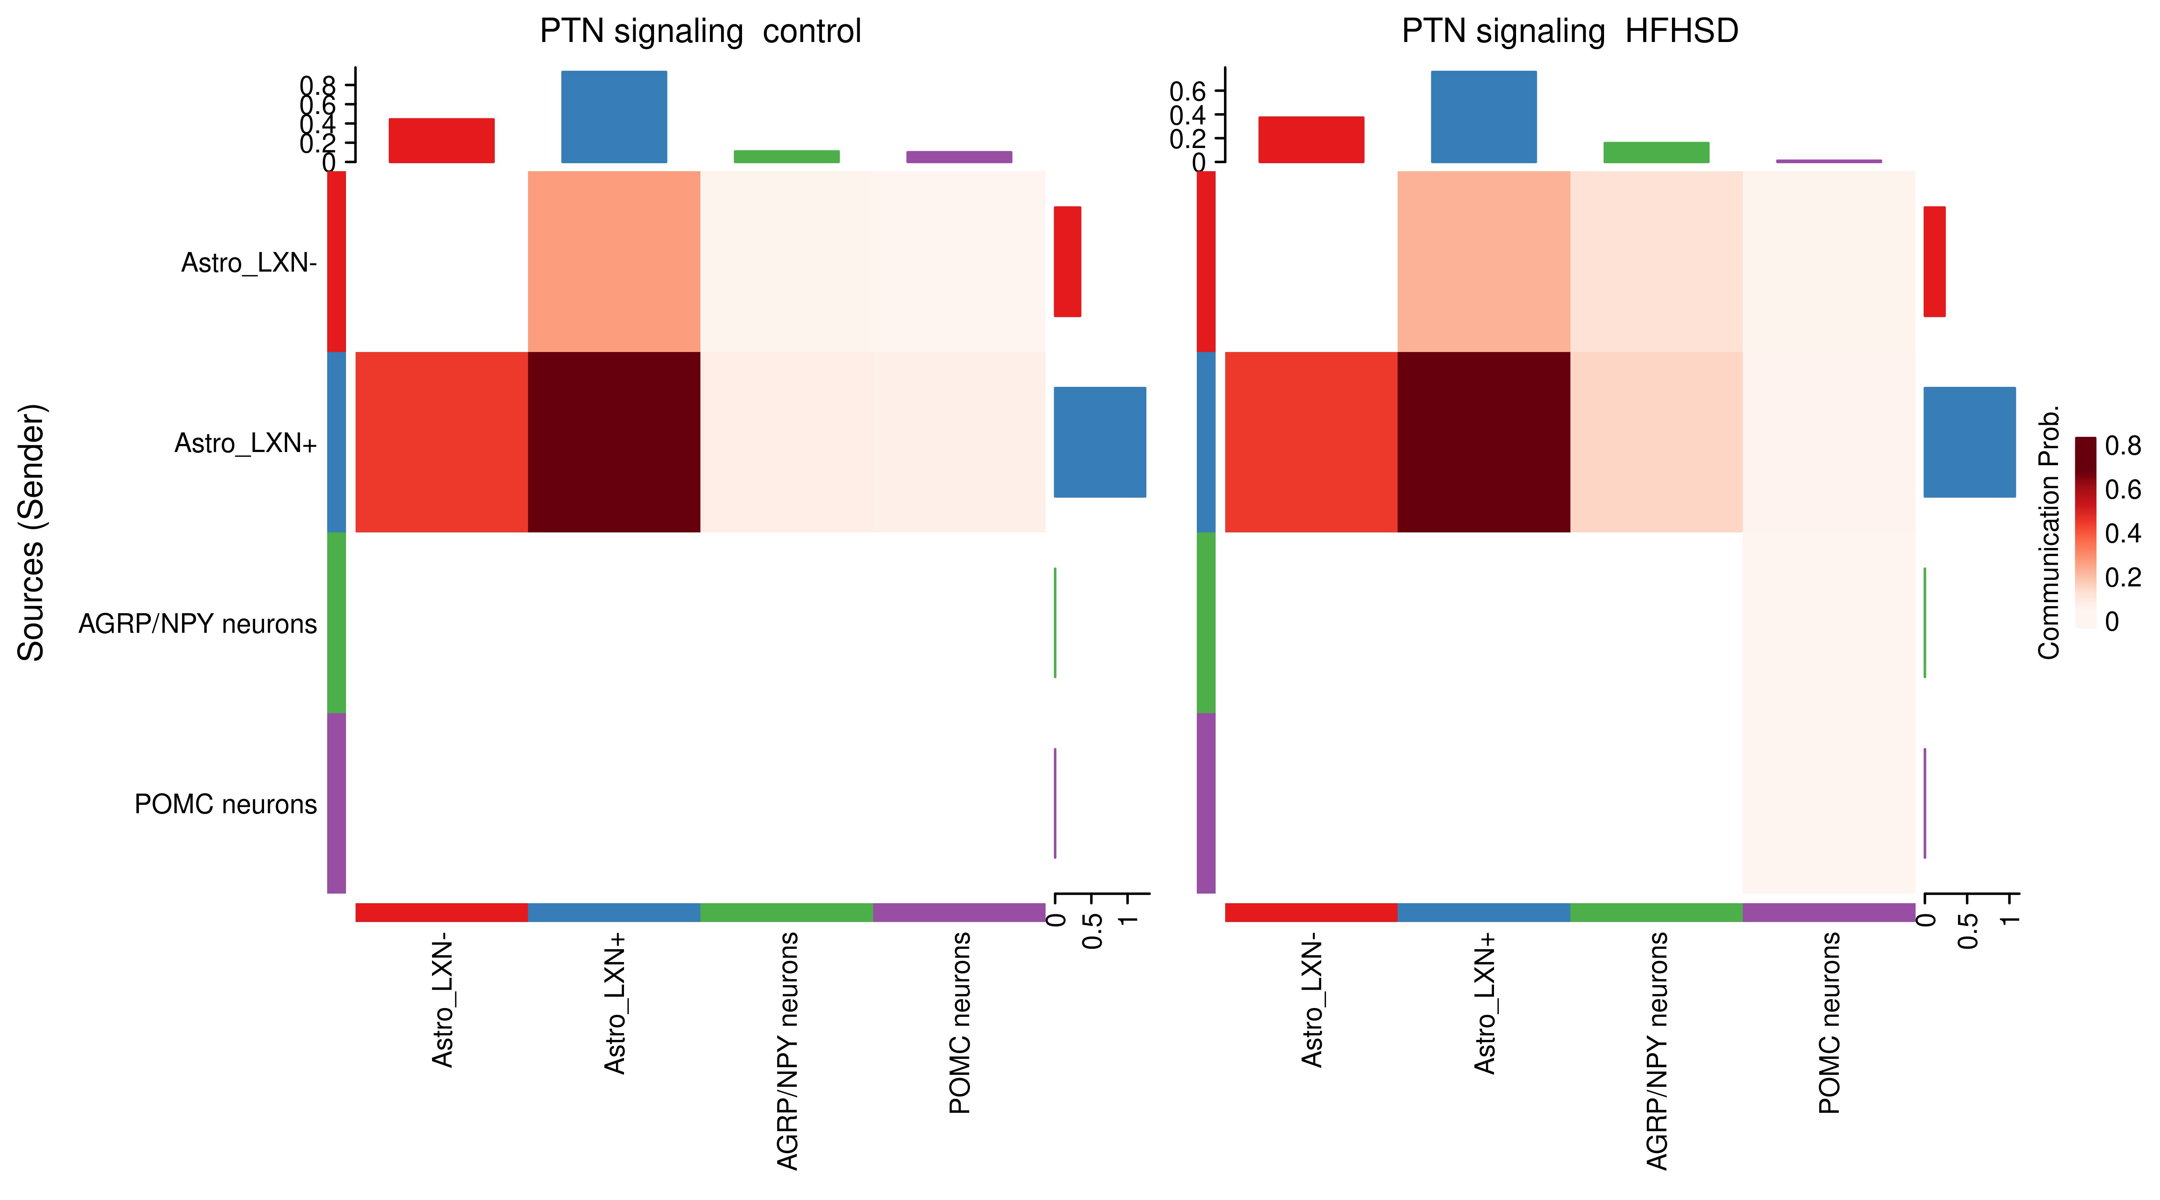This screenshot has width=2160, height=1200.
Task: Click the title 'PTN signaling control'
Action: point(700,32)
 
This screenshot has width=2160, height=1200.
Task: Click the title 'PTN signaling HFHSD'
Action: point(1570,32)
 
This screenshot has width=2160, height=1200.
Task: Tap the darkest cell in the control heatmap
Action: point(614,442)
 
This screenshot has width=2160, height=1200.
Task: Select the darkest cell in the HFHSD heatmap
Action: point(1483,442)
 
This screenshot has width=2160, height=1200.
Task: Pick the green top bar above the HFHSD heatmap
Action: point(1656,153)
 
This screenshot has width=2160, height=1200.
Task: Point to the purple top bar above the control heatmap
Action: point(959,157)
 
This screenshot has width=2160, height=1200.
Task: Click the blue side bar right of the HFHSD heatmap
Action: point(1969,442)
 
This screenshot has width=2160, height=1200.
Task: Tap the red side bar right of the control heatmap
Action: point(1068,262)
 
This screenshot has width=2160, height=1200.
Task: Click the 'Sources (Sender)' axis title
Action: point(32,533)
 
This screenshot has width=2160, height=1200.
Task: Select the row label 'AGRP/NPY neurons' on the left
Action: point(198,624)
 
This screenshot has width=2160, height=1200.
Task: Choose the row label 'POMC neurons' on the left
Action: point(226,804)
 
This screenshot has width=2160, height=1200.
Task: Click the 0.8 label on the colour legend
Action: point(2123,446)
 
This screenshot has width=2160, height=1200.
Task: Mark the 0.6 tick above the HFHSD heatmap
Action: point(1187,90)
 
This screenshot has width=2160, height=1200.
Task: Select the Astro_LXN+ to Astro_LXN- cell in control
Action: point(442,442)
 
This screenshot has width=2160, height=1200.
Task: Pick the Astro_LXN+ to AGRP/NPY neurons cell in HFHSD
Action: point(1656,442)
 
